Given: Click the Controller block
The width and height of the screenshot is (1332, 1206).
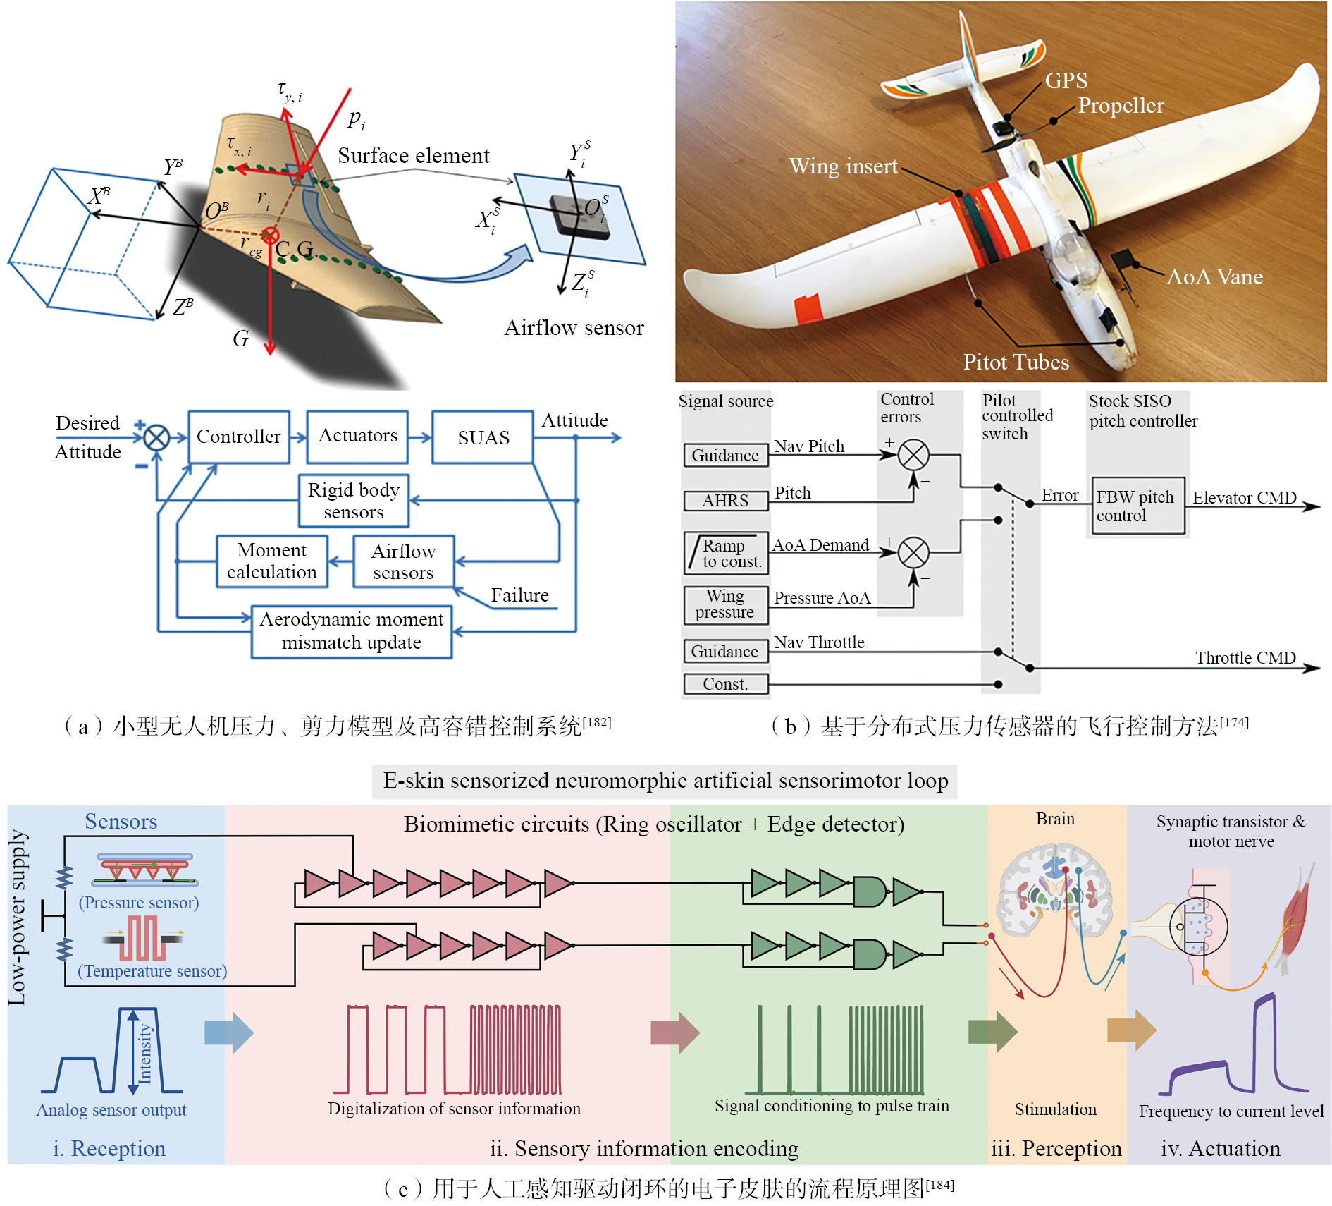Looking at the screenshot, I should click(x=238, y=437).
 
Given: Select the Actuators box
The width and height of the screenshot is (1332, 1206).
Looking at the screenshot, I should click(x=357, y=436).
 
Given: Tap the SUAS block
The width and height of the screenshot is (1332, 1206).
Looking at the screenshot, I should click(x=483, y=437).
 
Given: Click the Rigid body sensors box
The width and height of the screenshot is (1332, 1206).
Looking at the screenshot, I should click(x=353, y=501).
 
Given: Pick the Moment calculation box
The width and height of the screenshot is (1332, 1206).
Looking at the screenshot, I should click(x=271, y=561).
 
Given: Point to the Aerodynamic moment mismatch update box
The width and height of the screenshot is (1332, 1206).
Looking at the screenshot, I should click(x=351, y=631).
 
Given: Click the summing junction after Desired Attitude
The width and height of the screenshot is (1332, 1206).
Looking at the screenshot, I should click(x=156, y=438).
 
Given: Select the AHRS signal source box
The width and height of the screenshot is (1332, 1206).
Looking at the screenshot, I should click(x=725, y=501).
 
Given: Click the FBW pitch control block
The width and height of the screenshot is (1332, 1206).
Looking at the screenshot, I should click(x=1135, y=506).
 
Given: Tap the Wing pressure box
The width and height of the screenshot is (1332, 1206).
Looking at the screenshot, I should click(x=725, y=604).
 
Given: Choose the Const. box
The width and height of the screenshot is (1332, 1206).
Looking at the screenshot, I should click(x=725, y=683).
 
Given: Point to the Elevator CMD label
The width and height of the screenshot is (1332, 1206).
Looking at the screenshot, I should click(x=1244, y=498).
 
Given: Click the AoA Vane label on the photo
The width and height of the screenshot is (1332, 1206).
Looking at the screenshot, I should click(x=1214, y=276).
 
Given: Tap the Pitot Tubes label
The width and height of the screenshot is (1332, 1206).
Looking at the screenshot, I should click(x=1016, y=362).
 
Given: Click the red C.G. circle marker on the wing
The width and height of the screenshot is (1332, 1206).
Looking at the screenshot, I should click(x=269, y=236).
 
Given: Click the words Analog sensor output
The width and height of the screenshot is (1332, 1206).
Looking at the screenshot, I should click(x=111, y=1109).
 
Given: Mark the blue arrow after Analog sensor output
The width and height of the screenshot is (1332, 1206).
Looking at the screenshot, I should click(x=228, y=1033).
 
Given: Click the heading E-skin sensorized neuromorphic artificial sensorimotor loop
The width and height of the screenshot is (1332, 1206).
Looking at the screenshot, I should click(x=665, y=781).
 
